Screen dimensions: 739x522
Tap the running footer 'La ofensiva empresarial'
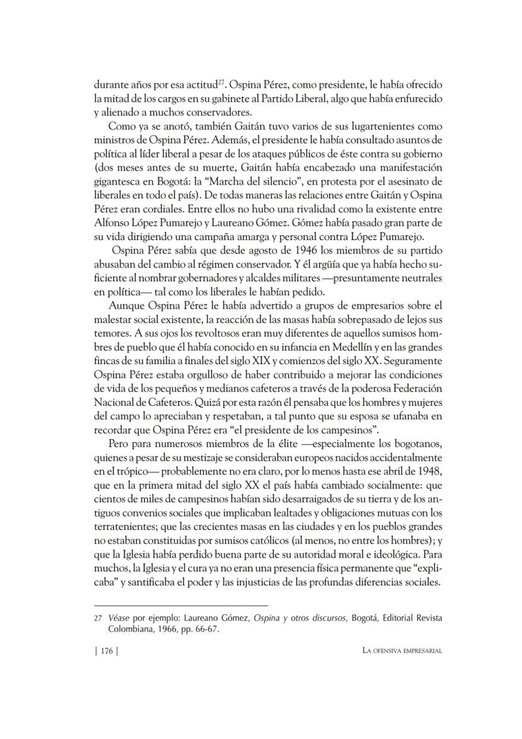tap(398, 652)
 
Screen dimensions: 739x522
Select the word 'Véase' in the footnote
tap(117, 619)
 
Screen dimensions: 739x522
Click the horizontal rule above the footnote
tap(181, 605)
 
